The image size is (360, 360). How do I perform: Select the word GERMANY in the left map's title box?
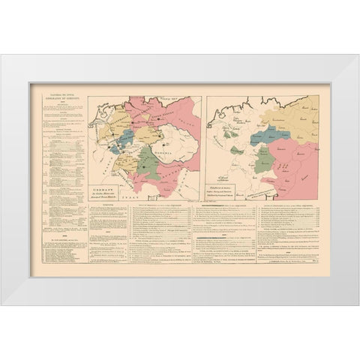tap(104, 183)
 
